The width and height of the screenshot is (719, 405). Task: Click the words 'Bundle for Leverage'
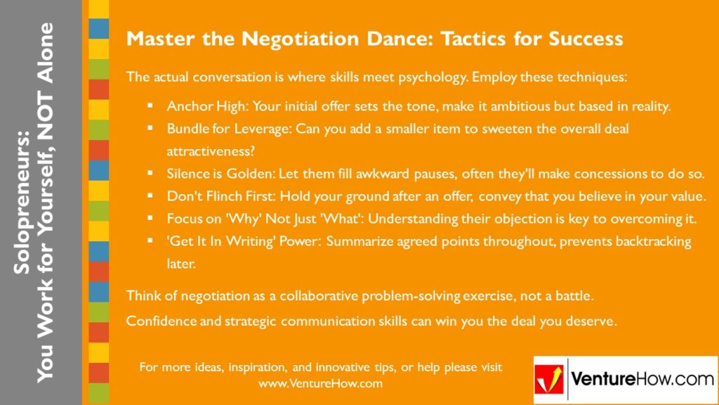219,129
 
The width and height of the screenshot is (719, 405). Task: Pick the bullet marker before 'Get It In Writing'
150,240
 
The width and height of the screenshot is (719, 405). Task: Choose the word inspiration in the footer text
263,368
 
